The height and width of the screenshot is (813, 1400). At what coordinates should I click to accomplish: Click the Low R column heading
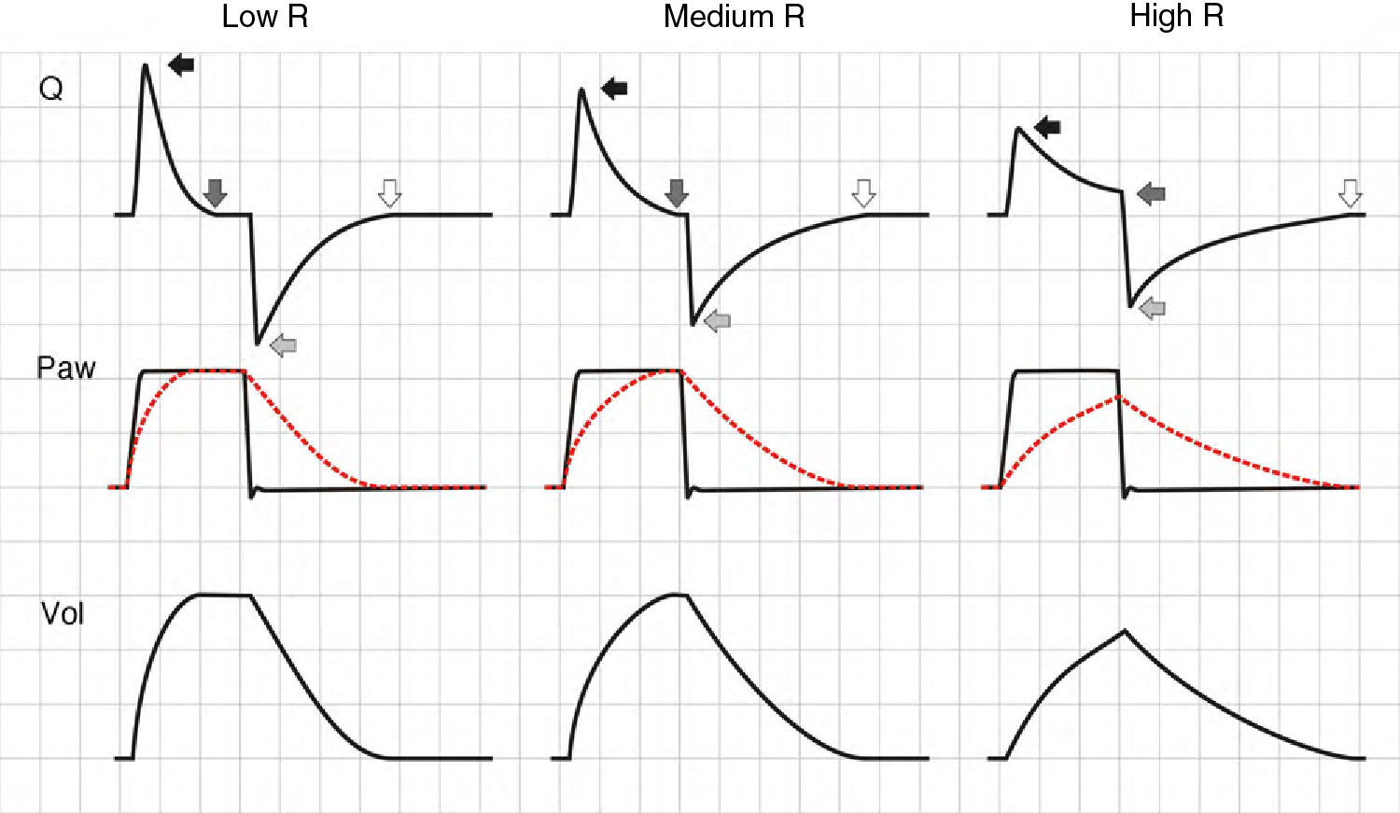click(x=264, y=17)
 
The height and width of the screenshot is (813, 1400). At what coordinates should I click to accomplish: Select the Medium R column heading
click(x=734, y=17)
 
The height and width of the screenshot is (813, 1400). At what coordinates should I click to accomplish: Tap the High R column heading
click(x=1176, y=17)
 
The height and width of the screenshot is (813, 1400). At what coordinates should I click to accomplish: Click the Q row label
click(x=51, y=89)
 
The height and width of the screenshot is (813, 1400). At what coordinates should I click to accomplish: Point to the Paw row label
click(x=65, y=368)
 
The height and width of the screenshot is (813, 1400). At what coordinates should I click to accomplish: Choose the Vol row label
click(x=63, y=613)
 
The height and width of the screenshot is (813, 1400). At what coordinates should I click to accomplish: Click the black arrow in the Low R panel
click(x=181, y=64)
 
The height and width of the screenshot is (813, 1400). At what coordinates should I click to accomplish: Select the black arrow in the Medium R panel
click(x=614, y=89)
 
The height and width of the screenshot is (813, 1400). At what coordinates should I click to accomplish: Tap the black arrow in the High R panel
click(x=1047, y=127)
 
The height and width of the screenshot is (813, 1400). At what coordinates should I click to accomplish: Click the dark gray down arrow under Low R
click(x=216, y=192)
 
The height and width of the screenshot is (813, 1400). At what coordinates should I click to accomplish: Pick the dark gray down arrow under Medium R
click(x=677, y=193)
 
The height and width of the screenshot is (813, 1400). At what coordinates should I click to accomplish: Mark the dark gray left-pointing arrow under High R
click(x=1151, y=194)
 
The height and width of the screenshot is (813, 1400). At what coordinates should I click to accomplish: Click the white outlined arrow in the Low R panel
click(x=389, y=193)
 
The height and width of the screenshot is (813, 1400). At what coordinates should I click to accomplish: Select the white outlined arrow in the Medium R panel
click(x=864, y=193)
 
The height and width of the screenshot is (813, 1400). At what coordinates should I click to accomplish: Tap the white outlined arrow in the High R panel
click(x=1350, y=193)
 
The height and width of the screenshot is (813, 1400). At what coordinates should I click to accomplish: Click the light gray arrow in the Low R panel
click(x=283, y=345)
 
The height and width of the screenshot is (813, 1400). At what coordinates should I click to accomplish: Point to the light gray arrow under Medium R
click(x=717, y=321)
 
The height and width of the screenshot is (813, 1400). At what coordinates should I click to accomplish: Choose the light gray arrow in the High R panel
click(x=1153, y=308)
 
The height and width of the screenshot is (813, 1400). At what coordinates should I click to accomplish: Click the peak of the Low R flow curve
click(x=146, y=65)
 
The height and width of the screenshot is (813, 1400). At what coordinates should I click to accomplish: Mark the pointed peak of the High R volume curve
click(x=1125, y=631)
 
